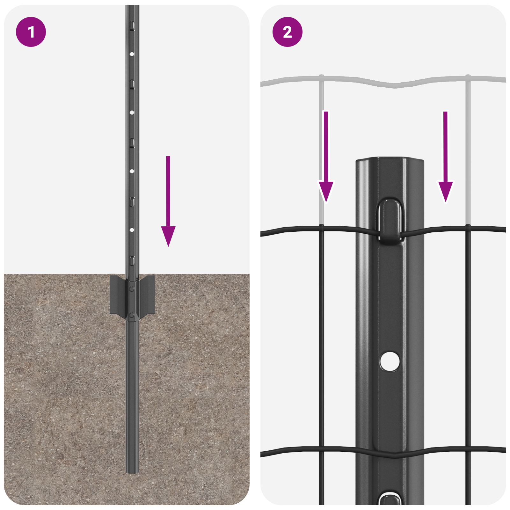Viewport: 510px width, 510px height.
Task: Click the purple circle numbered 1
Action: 31,32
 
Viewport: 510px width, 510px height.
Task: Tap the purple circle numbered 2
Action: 287,32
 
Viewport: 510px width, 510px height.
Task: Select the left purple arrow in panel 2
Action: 326,159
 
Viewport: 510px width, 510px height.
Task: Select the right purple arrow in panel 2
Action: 445,159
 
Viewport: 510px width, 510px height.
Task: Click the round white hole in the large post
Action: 390,361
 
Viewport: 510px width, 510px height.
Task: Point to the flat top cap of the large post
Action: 390,159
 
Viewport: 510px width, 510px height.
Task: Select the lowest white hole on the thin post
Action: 132,230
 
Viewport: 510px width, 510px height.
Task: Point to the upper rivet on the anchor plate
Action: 132,288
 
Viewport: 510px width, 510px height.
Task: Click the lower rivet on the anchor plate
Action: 132,315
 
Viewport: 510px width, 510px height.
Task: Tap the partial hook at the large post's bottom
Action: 390,499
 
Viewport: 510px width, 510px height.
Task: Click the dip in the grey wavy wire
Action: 395,85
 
